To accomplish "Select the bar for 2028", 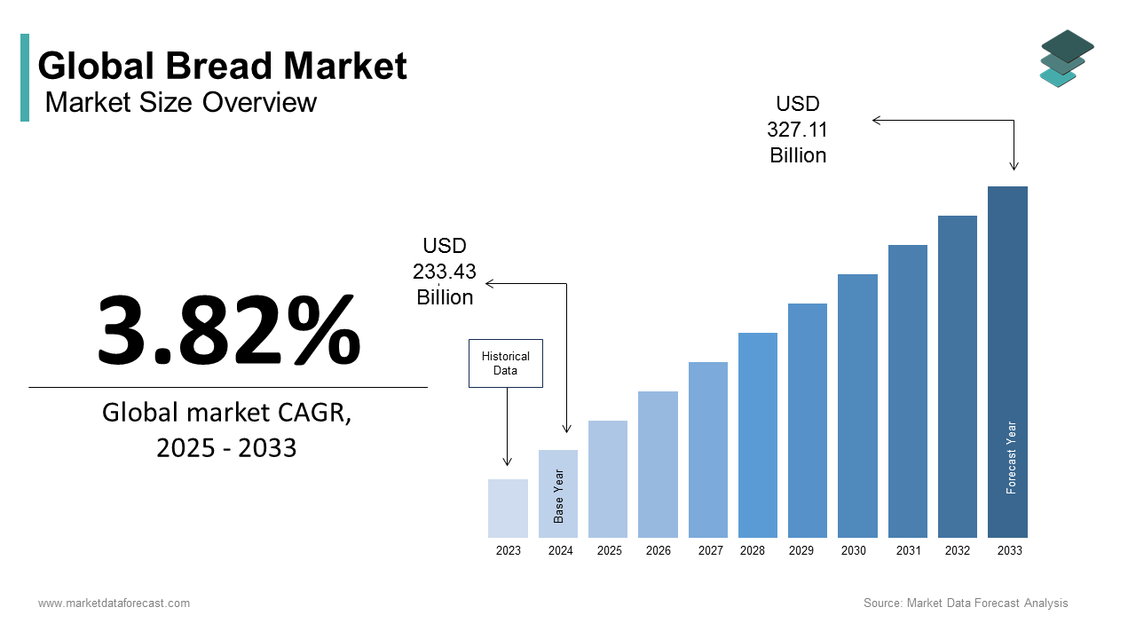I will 757,435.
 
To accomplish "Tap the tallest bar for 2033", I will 1007,361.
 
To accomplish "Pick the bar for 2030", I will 857,406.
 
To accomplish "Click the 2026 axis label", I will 658,550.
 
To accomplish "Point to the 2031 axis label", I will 908,550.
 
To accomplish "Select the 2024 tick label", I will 560,550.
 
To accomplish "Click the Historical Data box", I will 505,363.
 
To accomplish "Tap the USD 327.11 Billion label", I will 797,130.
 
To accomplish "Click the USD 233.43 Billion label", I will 445,272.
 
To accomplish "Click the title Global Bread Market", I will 222,67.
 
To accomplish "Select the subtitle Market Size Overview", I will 180,102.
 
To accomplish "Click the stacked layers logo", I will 1066,59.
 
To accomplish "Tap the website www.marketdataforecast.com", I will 114,603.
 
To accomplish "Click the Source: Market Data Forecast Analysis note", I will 966,603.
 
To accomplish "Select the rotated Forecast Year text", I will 1011,457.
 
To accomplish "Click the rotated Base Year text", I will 559,496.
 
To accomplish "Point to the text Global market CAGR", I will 226,413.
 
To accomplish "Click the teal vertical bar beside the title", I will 25,77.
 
